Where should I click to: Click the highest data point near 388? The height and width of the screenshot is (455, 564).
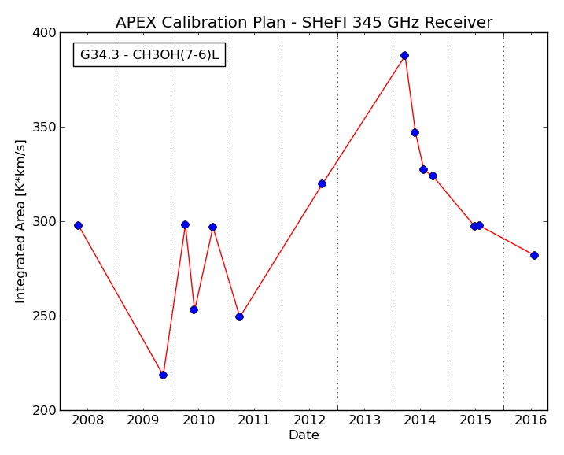point(404,55)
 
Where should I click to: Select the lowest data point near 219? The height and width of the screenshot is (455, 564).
point(163,375)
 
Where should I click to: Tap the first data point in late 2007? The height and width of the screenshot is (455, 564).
point(78,226)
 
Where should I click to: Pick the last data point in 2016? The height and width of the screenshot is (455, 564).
point(534,256)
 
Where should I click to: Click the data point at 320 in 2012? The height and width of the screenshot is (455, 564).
point(322,184)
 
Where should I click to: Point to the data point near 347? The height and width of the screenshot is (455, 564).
point(415,133)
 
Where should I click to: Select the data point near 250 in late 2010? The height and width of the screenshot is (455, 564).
point(240,316)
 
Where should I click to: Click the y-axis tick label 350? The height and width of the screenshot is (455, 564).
point(44,128)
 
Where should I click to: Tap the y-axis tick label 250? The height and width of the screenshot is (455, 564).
point(44,316)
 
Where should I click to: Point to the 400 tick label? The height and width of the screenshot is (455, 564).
point(44,33)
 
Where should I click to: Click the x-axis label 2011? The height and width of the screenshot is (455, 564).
point(254,420)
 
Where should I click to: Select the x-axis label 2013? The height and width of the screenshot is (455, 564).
point(365,420)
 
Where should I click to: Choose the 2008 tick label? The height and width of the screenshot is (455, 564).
point(88,420)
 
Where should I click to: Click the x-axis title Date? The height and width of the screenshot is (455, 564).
point(304,435)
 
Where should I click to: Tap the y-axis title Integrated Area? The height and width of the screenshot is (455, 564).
point(20,222)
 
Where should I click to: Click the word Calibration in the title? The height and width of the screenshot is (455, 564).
point(205,22)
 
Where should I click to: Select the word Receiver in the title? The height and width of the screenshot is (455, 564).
point(459,22)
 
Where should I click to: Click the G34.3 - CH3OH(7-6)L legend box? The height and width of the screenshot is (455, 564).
point(149,55)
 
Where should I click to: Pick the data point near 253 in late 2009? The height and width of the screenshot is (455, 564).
point(194,309)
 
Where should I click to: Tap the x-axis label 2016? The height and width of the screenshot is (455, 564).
point(530,420)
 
